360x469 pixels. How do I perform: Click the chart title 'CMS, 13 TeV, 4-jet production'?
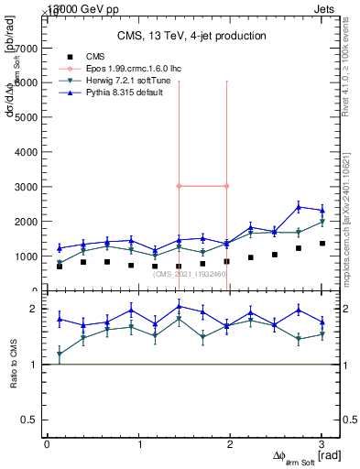click(x=191, y=36)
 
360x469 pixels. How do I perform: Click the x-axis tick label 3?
click(x=322, y=444)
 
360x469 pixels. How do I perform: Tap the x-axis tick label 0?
click(x=47, y=444)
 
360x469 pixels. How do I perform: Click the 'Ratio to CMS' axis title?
click(x=13, y=364)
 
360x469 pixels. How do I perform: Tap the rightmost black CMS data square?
click(x=322, y=243)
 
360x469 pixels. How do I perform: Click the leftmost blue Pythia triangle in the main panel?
click(x=60, y=248)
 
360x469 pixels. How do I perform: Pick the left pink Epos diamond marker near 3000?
click(x=179, y=186)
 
